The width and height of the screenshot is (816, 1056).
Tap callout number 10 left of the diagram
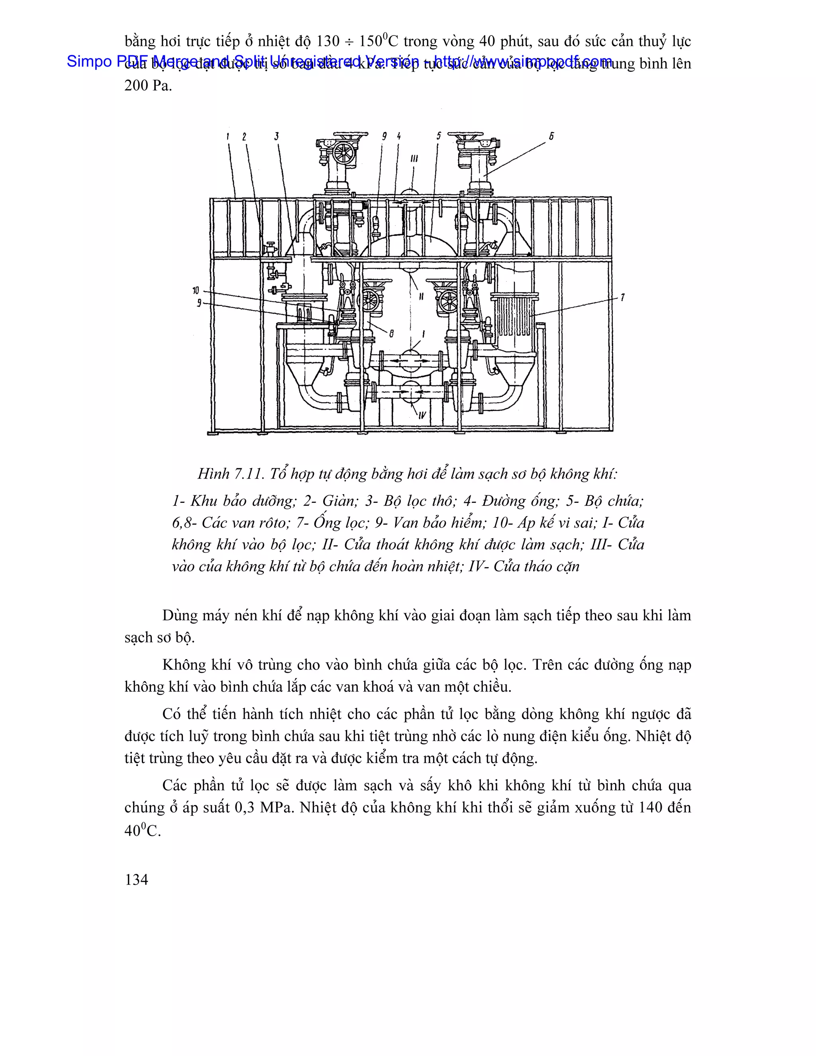coord(196,290)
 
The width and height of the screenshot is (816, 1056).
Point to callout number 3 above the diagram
coord(277,136)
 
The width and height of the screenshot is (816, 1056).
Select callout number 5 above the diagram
coord(438,136)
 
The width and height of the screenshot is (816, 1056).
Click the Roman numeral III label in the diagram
coord(414,159)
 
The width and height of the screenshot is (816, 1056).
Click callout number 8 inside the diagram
coord(391,333)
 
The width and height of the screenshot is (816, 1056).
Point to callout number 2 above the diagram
coord(244,137)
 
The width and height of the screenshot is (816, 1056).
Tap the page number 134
coord(136,879)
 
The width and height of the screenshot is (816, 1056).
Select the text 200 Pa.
coord(148,86)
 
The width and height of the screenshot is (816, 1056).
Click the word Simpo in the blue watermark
coord(89,61)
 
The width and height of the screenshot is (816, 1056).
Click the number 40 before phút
coord(487,41)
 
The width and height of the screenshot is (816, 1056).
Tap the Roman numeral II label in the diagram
coord(421,296)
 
